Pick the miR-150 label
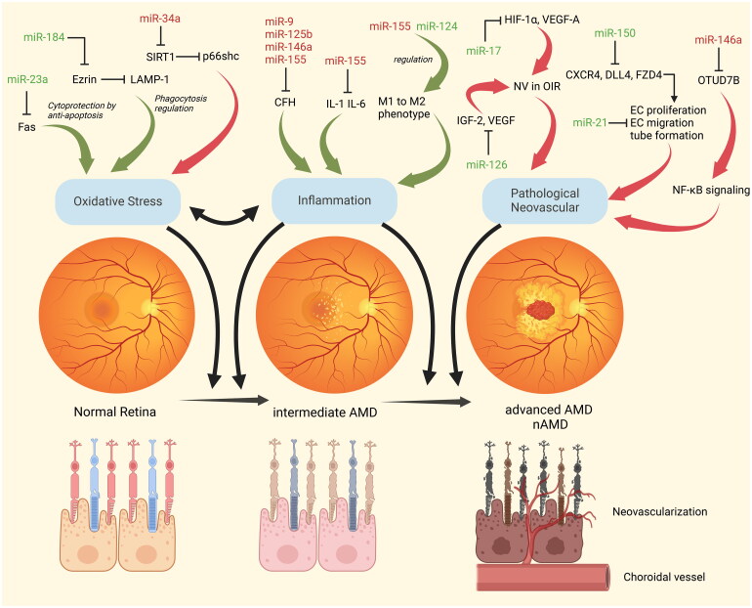click(618, 34)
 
